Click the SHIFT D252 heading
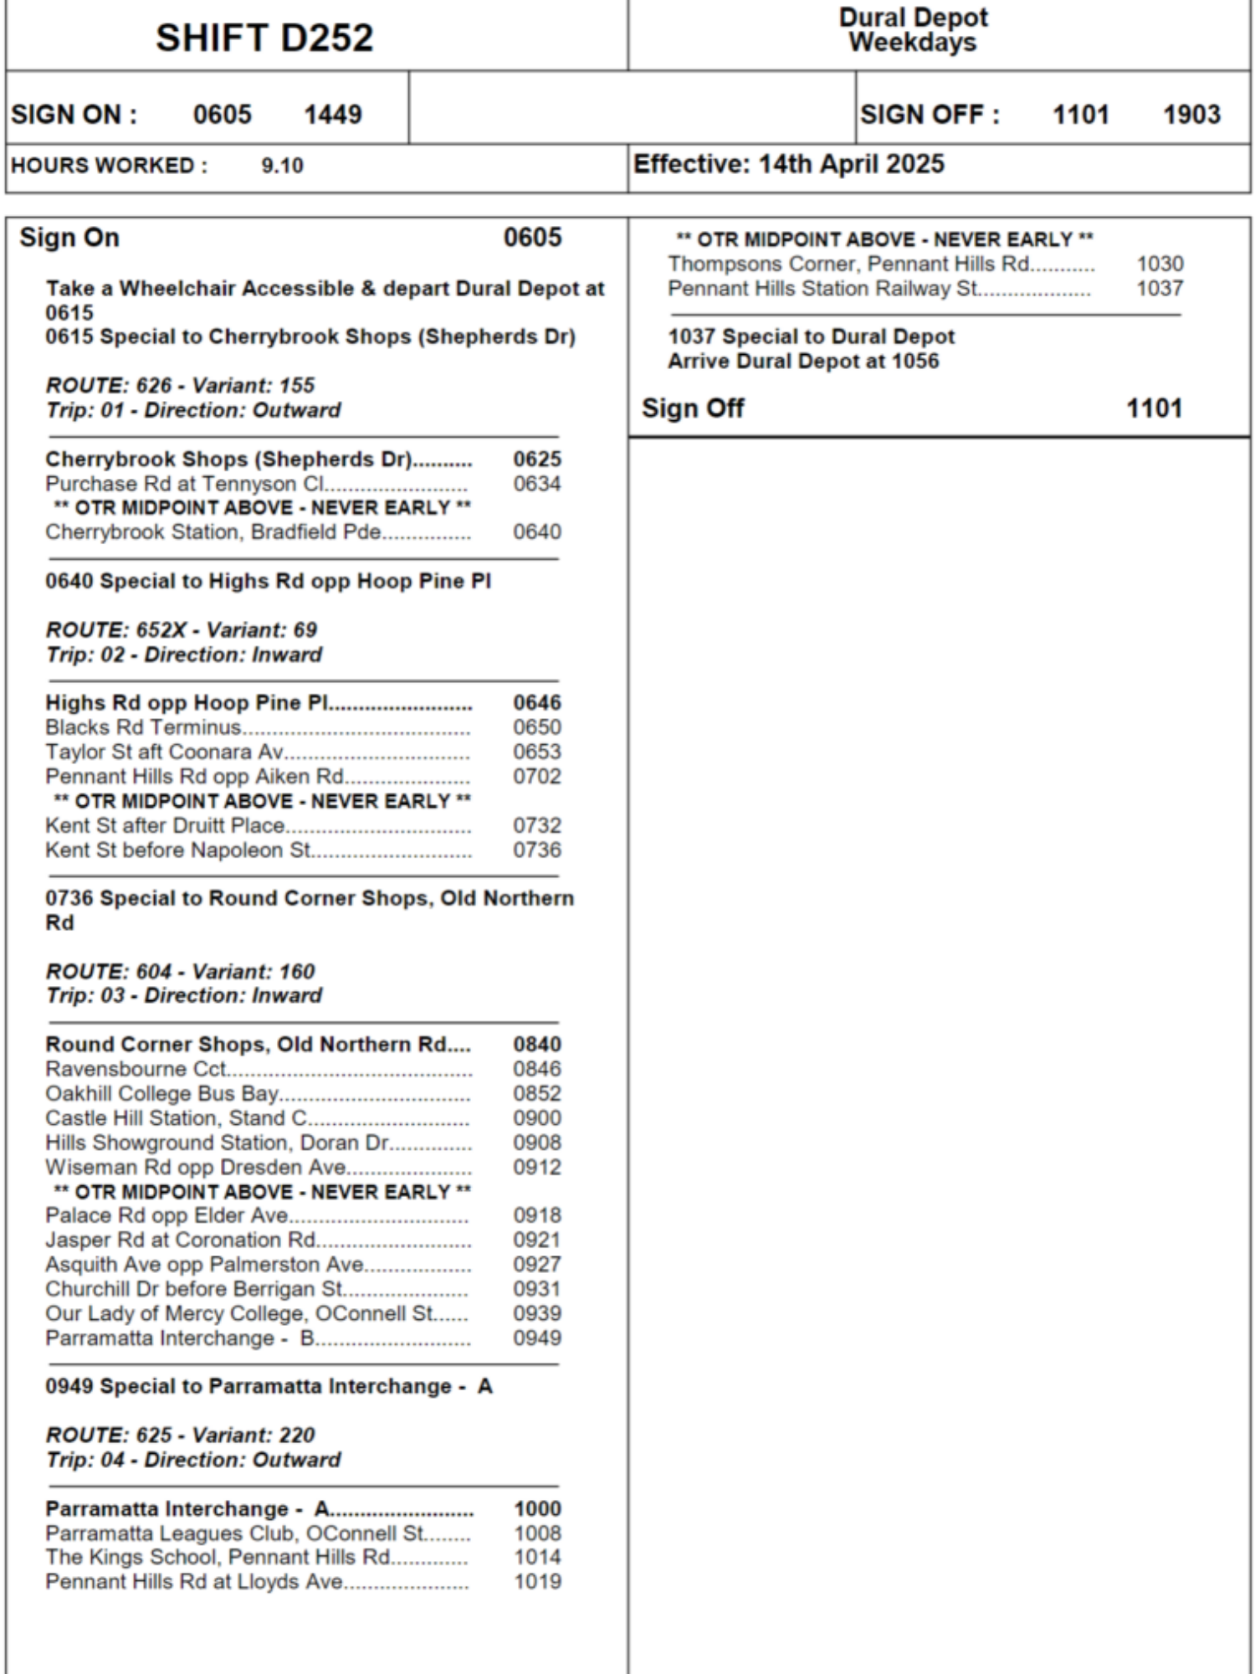[264, 38]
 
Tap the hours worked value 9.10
[282, 166]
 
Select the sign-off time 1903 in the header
[1191, 115]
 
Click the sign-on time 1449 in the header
[332, 115]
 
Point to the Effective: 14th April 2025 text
[788, 164]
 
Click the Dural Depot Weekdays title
[913, 30]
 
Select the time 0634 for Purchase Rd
[537, 484]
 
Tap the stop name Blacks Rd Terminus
[143, 727]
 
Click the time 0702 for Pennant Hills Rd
[537, 777]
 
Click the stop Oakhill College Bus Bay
[161, 1094]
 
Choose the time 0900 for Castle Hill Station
[537, 1118]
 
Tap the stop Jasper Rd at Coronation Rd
[181, 1240]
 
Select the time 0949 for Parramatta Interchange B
[537, 1338]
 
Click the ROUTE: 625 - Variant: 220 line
[180, 1435]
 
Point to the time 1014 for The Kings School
[537, 1558]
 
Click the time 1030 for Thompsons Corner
[1160, 264]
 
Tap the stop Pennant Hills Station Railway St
[822, 289]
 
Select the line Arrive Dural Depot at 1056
[803, 362]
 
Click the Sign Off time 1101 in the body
[1154, 408]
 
